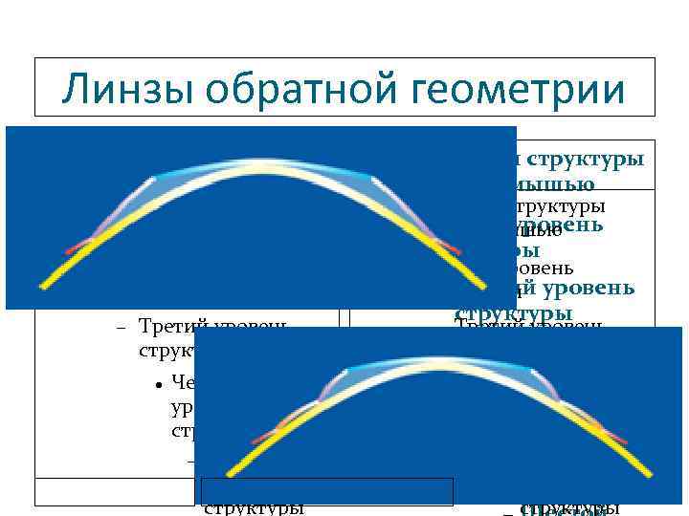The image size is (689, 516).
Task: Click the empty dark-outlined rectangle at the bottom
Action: [326, 490]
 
